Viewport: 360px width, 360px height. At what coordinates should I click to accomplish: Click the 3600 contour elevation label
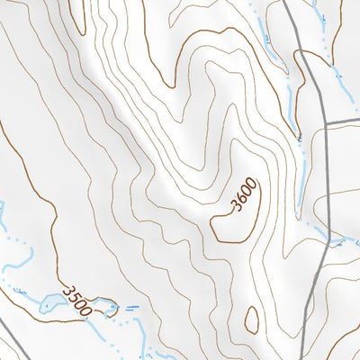click(244, 195)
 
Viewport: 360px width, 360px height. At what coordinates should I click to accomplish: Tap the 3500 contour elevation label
click(78, 299)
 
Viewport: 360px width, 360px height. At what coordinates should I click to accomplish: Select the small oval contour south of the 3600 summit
click(251, 319)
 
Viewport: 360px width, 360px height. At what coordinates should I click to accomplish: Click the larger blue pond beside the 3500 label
click(49, 302)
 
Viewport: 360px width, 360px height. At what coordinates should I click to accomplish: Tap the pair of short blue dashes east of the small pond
click(132, 309)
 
